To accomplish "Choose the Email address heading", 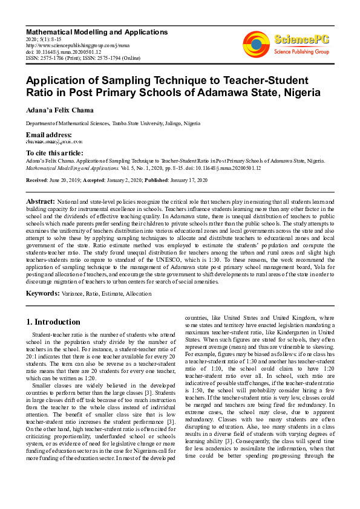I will coord(48,134).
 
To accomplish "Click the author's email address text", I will coord(51,141).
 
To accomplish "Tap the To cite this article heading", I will coord(54,154).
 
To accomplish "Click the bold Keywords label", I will coord(42,293).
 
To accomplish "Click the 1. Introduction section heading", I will coord(54,322).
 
